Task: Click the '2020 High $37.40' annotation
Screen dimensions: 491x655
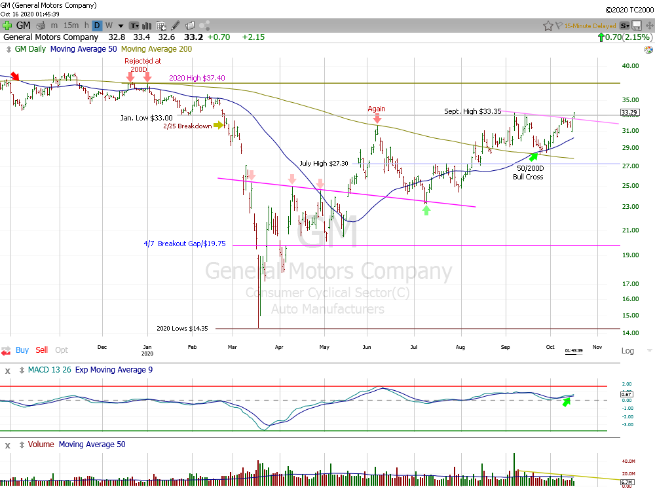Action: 197,78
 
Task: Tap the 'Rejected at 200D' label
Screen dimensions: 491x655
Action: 143,65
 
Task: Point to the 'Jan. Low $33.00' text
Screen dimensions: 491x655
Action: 146,118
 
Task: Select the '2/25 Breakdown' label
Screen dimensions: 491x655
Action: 187,126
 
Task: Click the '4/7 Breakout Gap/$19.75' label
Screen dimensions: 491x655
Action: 185,243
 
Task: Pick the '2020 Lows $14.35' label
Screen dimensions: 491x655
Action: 182,329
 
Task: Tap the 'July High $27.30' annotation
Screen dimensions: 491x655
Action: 325,163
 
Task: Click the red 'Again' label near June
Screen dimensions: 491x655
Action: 376,109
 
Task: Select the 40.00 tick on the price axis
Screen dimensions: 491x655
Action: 630,66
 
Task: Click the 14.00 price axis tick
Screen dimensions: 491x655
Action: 630,333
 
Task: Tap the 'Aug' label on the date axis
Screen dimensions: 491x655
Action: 460,347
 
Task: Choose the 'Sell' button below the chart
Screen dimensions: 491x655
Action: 42,350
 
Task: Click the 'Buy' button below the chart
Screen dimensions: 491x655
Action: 22,350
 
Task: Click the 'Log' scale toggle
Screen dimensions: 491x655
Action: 627,351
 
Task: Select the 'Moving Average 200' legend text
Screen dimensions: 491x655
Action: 157,49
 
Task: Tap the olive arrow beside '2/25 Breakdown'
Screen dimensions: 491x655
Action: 219,125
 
